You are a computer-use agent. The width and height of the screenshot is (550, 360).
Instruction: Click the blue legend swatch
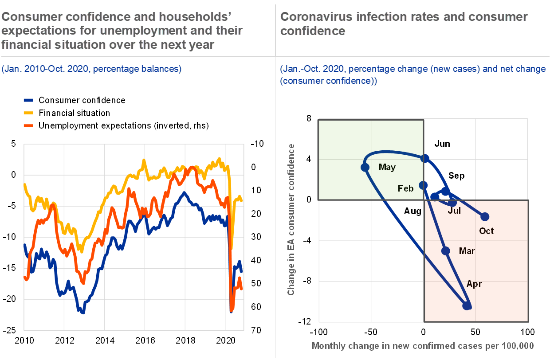[28, 100]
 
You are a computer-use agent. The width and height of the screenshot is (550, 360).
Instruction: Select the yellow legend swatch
[28, 113]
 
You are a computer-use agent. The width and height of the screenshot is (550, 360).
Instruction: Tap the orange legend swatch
[28, 125]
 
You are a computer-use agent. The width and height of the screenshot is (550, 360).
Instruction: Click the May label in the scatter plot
[387, 168]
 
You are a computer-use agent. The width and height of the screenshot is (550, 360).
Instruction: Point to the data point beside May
[365, 167]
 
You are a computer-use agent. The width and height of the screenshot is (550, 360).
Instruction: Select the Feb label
[405, 188]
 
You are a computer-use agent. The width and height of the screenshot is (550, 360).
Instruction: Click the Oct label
[486, 231]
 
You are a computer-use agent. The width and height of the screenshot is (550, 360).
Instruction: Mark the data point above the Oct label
[485, 216]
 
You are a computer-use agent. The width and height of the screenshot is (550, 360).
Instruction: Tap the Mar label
[467, 251]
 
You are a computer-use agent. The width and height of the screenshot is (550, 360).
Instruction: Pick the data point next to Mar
[446, 251]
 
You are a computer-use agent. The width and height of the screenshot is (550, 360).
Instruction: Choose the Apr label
[474, 284]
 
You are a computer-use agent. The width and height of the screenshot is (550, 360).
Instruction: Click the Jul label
[454, 211]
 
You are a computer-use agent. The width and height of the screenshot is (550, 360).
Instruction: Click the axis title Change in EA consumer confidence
[291, 219]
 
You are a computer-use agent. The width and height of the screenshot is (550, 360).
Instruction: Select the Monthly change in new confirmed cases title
[422, 346]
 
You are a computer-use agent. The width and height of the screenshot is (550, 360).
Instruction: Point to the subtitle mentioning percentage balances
[91, 69]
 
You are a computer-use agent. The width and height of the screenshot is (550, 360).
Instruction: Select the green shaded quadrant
[371, 160]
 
